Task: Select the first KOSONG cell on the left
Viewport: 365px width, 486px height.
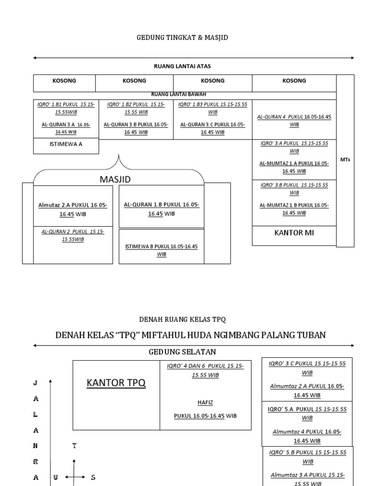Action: pyautogui.click(x=64, y=81)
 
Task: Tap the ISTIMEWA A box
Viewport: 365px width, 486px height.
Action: pyautogui.click(x=66, y=144)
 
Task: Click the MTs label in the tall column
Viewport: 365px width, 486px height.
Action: pyautogui.click(x=345, y=160)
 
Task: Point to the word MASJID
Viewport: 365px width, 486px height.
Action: pyautogui.click(x=115, y=179)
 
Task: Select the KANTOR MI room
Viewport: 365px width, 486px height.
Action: pyautogui.click(x=294, y=233)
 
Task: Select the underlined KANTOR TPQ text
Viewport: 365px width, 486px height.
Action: pyautogui.click(x=116, y=383)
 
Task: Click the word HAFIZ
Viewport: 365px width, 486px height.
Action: pyautogui.click(x=205, y=402)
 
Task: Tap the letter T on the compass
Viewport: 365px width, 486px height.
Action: pyautogui.click(x=74, y=446)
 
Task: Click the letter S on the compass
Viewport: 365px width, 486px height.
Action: pyautogui.click(x=93, y=477)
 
